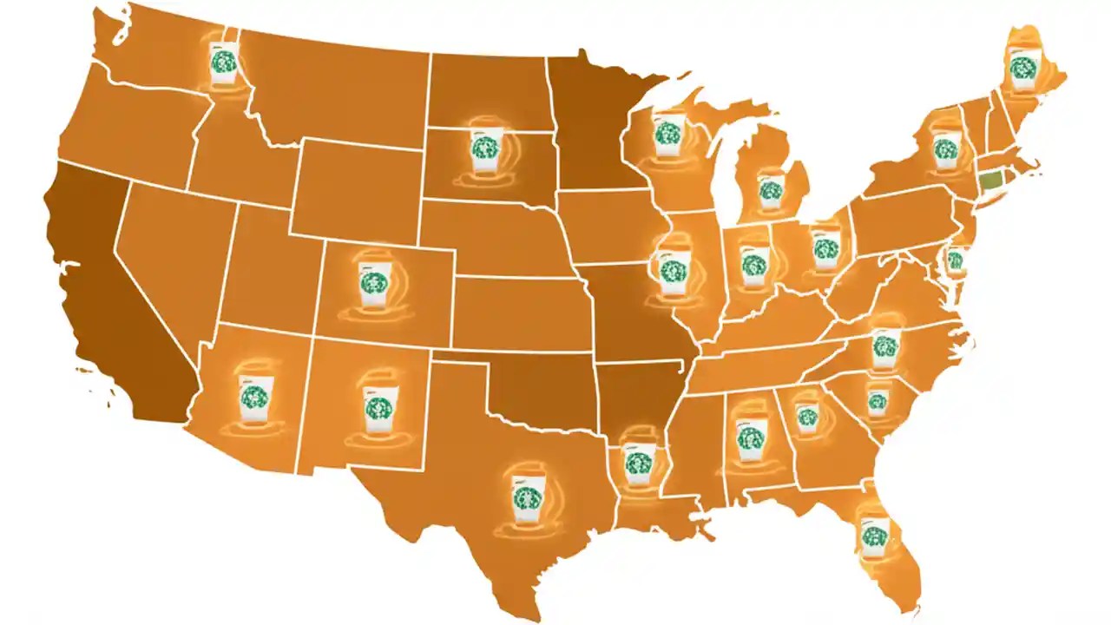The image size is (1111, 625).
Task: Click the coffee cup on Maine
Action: click(x=1024, y=68)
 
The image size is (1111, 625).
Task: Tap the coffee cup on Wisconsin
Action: click(x=667, y=133)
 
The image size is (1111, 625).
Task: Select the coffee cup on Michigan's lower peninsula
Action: click(x=770, y=189)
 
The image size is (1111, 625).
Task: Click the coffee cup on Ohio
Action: click(x=825, y=250)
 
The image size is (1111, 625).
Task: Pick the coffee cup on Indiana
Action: click(x=754, y=263)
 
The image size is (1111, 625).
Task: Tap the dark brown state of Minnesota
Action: click(x=595, y=130)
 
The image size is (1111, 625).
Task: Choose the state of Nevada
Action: click(x=165, y=252)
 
